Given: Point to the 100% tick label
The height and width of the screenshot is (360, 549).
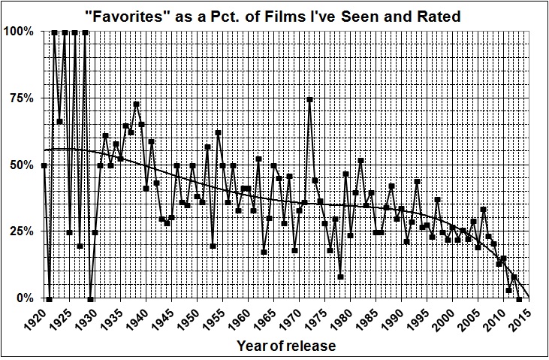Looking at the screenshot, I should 20,32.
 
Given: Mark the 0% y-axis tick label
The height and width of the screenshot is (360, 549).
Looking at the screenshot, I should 26,298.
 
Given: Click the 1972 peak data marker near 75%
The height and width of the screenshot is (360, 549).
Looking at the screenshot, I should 309,99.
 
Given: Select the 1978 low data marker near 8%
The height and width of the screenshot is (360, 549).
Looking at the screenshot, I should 340,277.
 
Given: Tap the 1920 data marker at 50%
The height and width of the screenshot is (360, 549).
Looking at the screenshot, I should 44,165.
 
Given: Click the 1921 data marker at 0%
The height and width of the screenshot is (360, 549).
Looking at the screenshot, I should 50,298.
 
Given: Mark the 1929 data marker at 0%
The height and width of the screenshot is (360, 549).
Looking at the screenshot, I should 90,298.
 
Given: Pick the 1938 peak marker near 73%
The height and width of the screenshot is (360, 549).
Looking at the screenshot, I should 136,104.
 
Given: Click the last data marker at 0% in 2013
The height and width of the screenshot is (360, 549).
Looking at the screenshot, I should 519,298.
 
